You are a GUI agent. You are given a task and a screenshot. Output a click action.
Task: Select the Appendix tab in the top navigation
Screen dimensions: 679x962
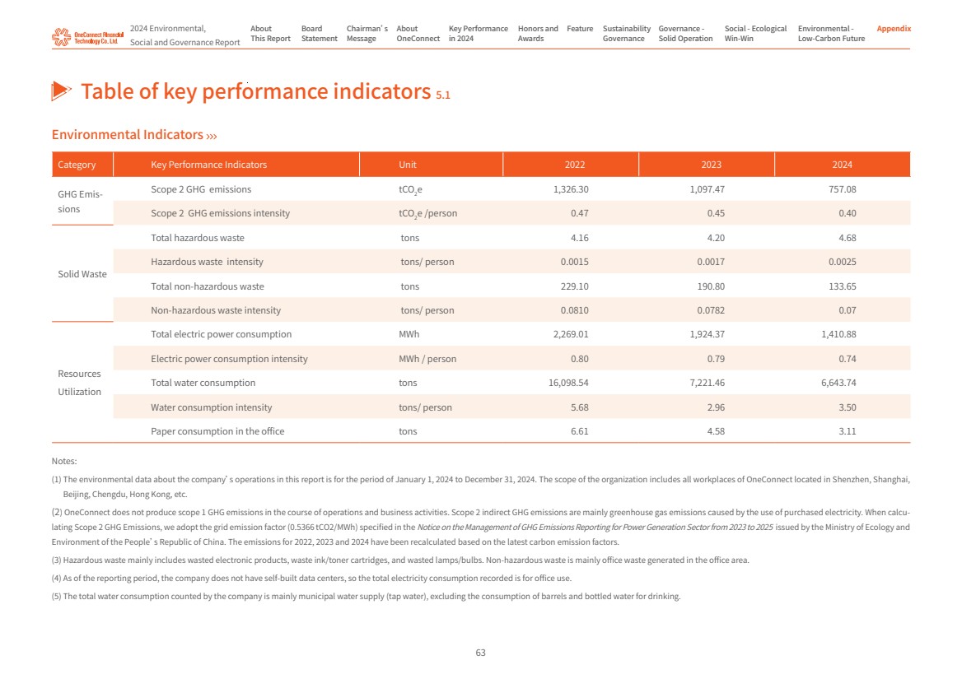(894, 29)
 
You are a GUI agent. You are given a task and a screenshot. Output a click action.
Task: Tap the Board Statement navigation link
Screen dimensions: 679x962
(319, 34)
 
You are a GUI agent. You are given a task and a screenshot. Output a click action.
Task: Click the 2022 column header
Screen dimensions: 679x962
(575, 165)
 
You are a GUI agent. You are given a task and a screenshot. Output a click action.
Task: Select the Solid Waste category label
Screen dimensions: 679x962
(82, 274)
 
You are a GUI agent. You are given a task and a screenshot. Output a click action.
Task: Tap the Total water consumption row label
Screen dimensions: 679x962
(203, 383)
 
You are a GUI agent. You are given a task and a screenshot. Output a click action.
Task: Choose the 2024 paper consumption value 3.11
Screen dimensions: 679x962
(847, 431)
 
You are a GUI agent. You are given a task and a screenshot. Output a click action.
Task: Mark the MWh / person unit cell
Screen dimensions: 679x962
(427, 359)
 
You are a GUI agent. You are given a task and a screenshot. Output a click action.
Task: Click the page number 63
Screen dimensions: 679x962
(481, 653)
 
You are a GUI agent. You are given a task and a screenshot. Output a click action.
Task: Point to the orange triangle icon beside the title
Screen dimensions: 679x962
(62, 91)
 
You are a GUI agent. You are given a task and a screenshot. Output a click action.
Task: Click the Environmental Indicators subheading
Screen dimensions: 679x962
(128, 135)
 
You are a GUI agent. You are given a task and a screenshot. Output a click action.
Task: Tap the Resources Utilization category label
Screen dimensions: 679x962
(80, 383)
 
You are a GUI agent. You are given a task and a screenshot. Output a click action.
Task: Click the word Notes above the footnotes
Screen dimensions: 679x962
(63, 462)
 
